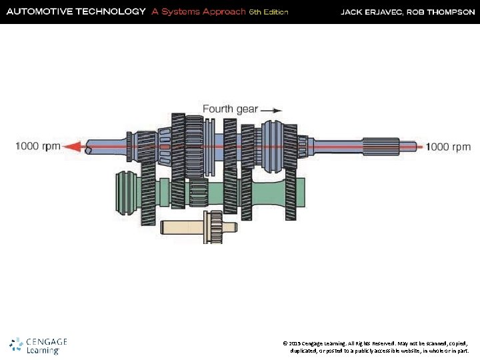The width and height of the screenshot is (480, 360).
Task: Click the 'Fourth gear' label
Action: [230, 109]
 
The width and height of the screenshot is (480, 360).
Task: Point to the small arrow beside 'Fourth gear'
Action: [271, 109]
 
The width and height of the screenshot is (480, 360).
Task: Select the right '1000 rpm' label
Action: [448, 147]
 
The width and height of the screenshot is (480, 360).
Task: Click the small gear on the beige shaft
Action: [215, 227]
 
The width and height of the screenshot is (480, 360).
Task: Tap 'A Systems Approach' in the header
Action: [198, 11]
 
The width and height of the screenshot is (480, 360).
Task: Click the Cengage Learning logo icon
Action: [17, 345]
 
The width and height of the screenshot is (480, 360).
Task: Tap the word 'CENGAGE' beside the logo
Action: [47, 342]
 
